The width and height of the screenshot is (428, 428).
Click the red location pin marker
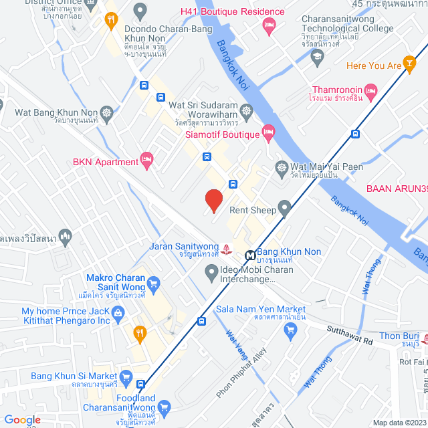click(213, 200)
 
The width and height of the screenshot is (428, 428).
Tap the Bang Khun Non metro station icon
click(249, 254)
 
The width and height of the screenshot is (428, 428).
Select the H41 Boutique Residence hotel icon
click(269, 26)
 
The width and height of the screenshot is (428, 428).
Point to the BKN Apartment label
click(106, 162)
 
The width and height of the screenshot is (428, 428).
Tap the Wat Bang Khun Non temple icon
click(107, 112)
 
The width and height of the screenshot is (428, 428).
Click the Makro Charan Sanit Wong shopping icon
click(153, 283)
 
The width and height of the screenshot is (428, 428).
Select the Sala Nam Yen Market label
click(261, 310)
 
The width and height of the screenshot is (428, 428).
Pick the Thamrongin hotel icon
click(372, 90)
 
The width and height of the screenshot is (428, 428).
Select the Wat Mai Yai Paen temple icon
click(282, 167)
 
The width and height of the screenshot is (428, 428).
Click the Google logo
click(22, 420)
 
